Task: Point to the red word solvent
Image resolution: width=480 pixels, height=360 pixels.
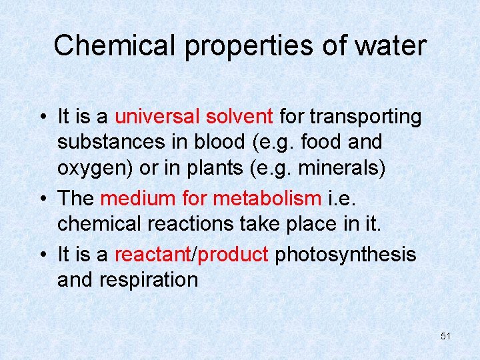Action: click(240, 117)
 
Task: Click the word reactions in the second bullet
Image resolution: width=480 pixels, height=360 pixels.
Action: click(185, 223)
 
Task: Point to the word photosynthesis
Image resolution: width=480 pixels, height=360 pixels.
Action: click(345, 254)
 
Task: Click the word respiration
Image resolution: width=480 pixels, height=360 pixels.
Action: click(149, 279)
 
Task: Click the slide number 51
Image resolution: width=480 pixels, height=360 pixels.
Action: click(445, 337)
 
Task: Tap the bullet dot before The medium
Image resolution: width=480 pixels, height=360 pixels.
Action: click(42, 199)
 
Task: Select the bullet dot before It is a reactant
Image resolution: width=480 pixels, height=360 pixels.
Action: click(42, 255)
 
